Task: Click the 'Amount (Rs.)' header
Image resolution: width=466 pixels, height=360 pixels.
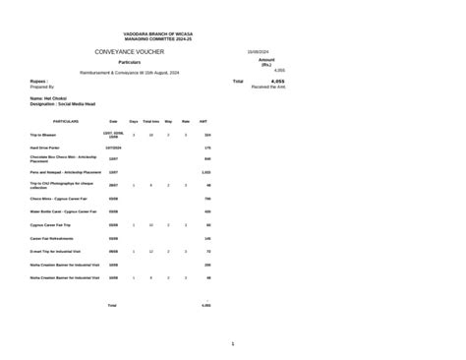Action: coord(265,62)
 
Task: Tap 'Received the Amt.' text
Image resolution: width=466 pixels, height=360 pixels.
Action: coord(268,88)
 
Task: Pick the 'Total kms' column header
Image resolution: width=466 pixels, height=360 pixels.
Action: coord(150,121)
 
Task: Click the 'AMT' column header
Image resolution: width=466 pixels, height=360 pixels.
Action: coord(204,121)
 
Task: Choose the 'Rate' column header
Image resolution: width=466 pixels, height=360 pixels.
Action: coord(186,121)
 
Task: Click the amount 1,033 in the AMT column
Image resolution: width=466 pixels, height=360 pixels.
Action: coord(206,171)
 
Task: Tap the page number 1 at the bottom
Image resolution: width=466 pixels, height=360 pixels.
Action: coord(232,342)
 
